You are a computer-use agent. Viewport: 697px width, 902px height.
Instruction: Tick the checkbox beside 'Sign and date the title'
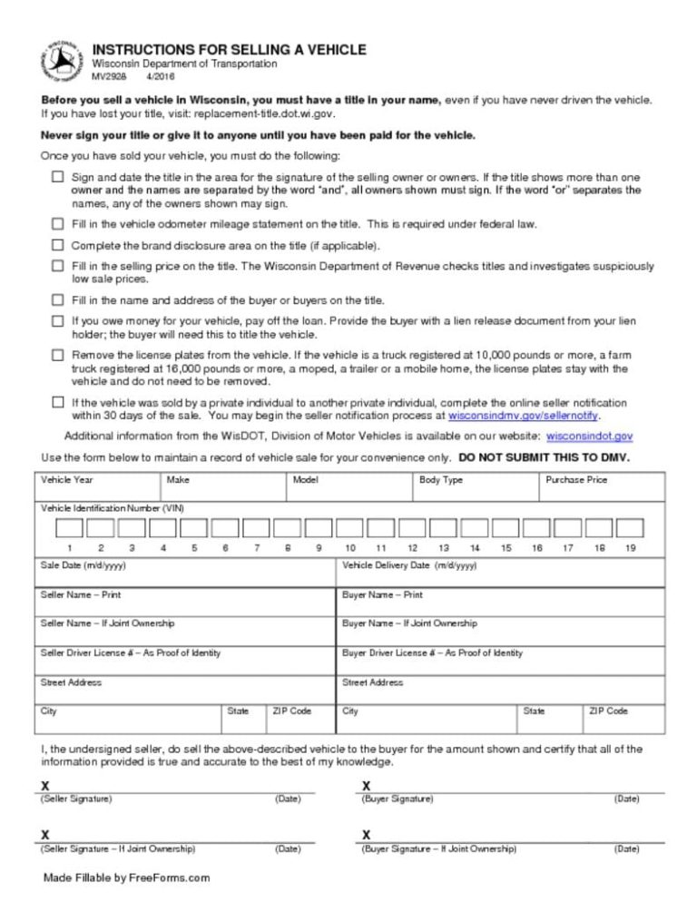(x=58, y=177)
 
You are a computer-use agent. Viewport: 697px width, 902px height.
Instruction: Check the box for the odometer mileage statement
(x=58, y=223)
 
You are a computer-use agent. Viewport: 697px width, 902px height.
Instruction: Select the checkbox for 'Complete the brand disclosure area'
(x=58, y=245)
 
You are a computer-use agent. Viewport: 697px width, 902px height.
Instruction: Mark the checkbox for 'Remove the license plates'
(x=58, y=355)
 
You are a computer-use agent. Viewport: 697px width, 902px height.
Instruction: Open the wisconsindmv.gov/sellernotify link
(x=524, y=416)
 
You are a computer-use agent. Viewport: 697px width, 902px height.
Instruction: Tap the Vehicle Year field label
(x=67, y=480)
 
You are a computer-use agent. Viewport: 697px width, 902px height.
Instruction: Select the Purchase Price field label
(x=577, y=480)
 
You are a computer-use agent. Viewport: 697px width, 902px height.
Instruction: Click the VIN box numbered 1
(x=70, y=527)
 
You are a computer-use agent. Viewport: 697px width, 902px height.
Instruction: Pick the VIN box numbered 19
(x=630, y=527)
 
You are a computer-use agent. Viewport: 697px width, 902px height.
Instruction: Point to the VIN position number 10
(x=350, y=548)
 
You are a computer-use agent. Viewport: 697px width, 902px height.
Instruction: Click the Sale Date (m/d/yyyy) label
(x=83, y=564)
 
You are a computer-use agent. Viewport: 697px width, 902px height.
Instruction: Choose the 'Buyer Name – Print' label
(x=382, y=595)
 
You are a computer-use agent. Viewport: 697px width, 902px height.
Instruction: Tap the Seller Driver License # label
(x=130, y=652)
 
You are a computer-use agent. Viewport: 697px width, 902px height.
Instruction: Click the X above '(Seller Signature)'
(x=45, y=785)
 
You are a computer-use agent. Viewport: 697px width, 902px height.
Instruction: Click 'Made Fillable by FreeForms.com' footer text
(x=126, y=878)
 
